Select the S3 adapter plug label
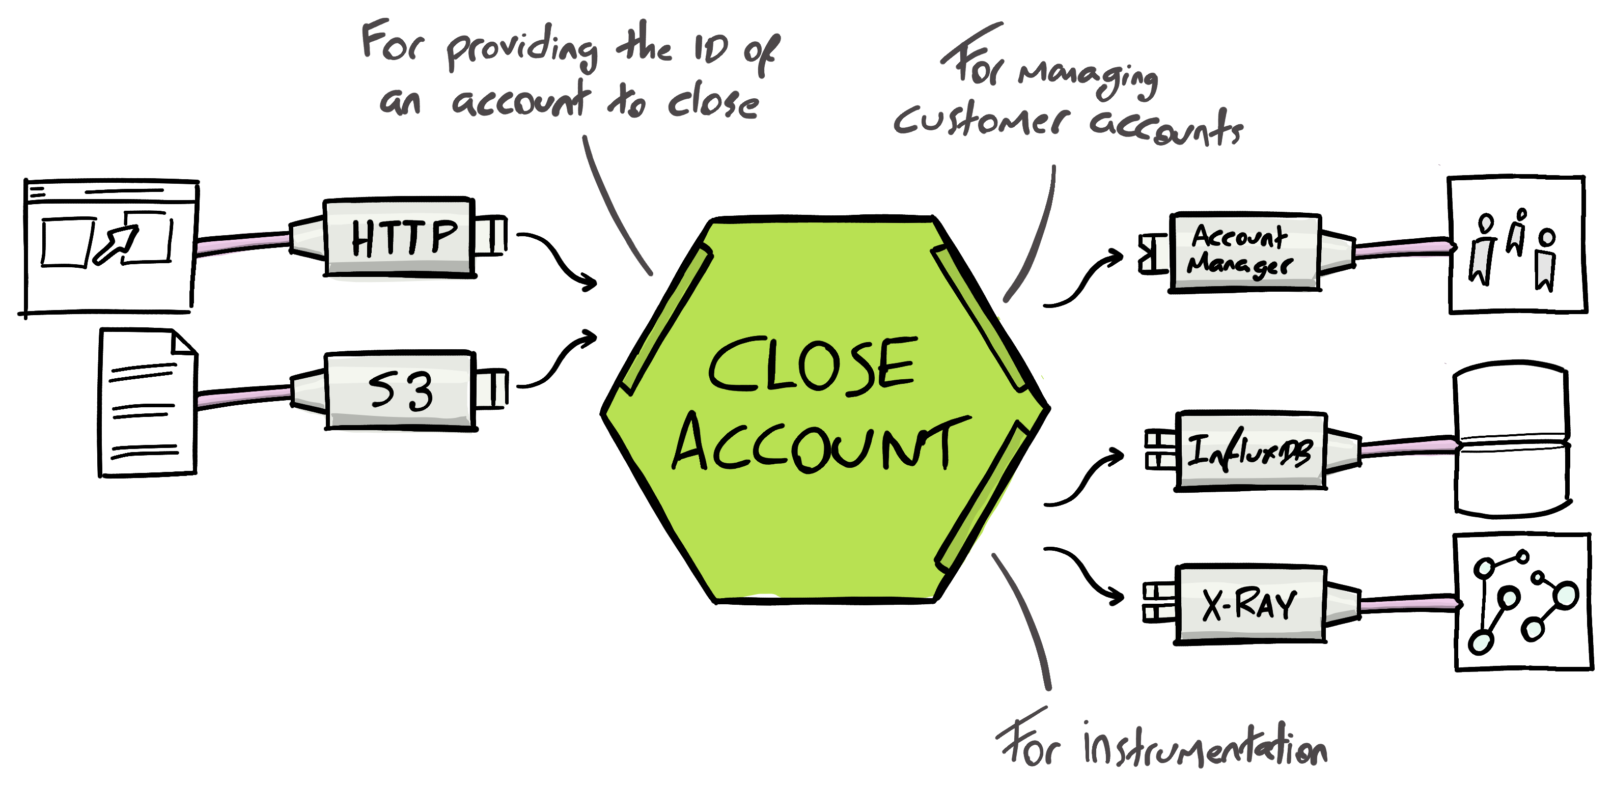401,391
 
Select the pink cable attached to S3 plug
244,396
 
